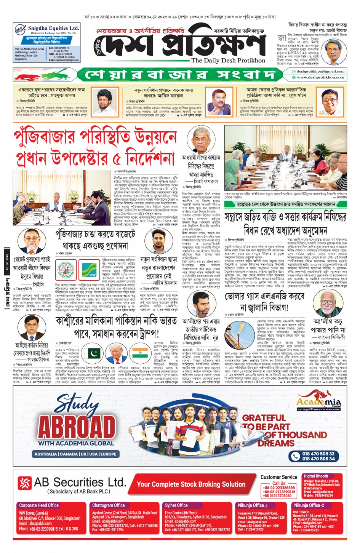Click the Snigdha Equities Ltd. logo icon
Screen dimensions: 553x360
[x=20, y=30]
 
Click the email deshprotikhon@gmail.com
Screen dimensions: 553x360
[x=320, y=71]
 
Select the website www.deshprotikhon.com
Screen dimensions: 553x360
[x=320, y=77]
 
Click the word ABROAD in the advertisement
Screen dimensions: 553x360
[x=76, y=427]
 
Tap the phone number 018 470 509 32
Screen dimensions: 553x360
[x=318, y=454]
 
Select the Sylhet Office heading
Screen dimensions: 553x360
[x=176, y=505]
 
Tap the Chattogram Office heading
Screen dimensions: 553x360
[x=109, y=505]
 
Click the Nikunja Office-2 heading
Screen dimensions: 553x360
[x=309, y=505]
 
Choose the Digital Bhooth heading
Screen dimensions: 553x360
[x=316, y=476]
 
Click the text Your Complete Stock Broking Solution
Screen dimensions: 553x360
[x=191, y=484]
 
